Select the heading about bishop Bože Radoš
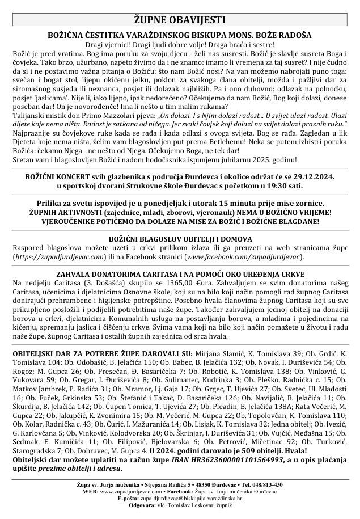[179, 35]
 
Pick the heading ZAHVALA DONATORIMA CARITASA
[180, 273]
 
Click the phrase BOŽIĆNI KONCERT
[57, 176]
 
